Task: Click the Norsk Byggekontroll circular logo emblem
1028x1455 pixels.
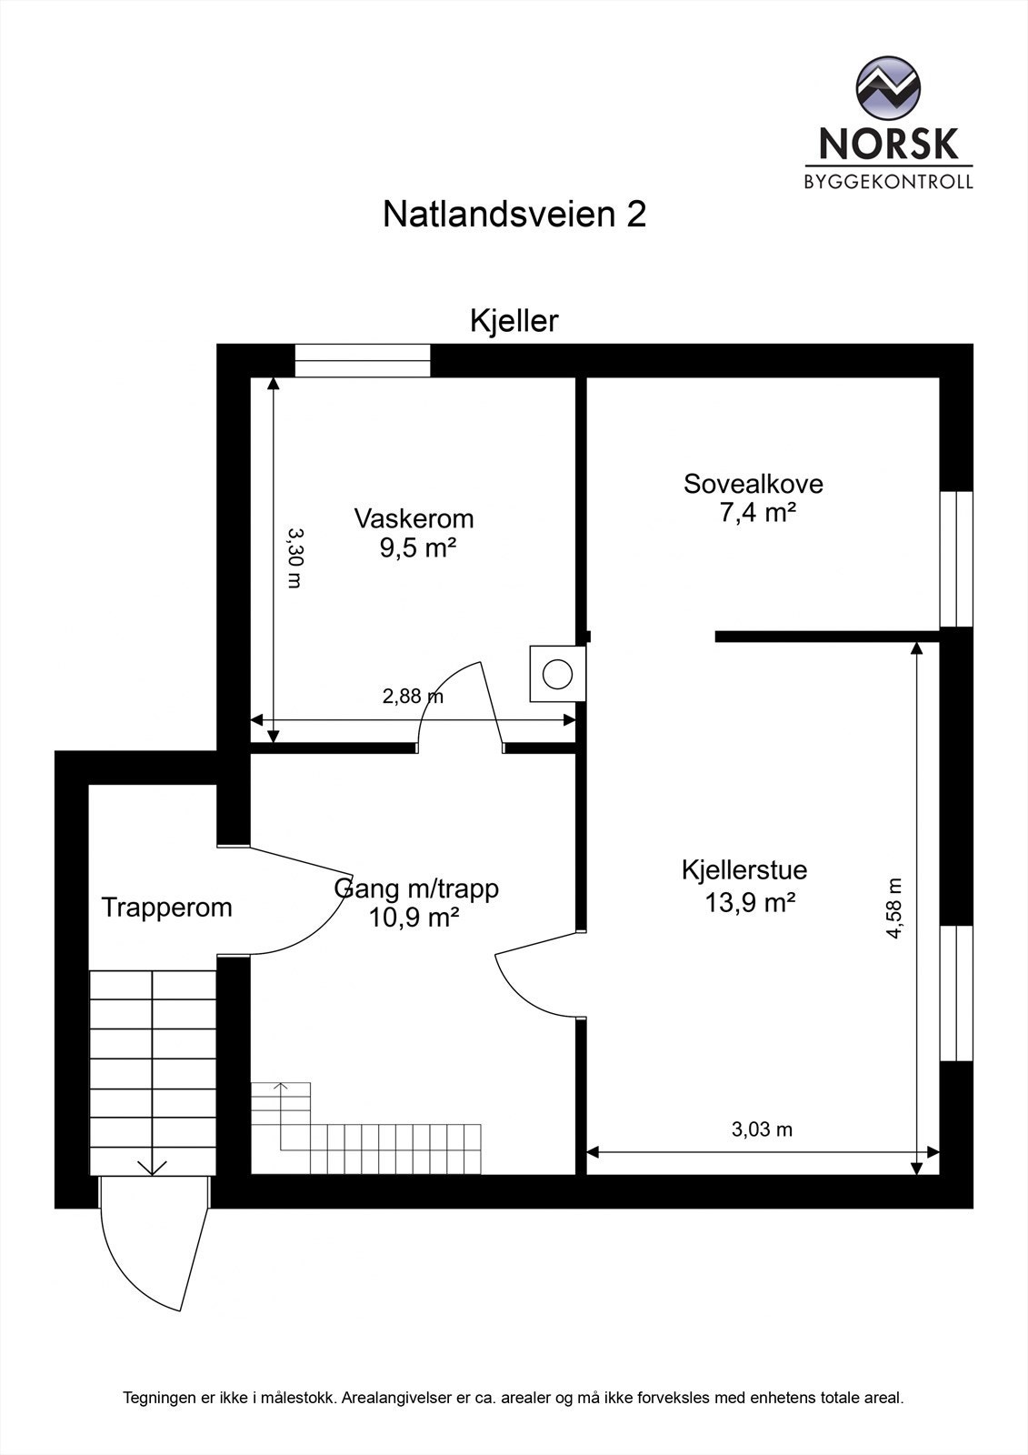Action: (888, 89)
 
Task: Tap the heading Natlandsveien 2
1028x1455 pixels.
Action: (514, 216)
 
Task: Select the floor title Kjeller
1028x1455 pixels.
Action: (514, 321)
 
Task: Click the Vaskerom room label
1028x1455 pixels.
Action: (414, 519)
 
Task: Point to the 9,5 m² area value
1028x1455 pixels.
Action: (418, 548)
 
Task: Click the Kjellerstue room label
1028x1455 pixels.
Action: (744, 870)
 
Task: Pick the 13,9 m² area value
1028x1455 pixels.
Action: (751, 902)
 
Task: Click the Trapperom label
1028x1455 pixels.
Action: (167, 908)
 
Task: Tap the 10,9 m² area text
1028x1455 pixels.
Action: (414, 918)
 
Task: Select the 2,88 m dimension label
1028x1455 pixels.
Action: (413, 697)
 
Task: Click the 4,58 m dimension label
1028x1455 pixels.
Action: (894, 908)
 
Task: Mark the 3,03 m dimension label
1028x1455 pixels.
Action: (762, 1129)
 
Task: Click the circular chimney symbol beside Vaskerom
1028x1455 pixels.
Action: (557, 675)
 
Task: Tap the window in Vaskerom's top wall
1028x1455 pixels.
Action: (363, 361)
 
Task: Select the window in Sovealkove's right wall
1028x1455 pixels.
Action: (955, 559)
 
